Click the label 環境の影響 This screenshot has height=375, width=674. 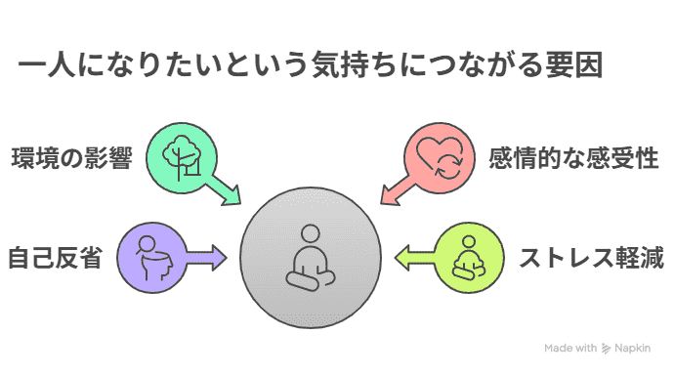[71, 158]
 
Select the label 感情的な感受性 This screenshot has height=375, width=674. [566, 158]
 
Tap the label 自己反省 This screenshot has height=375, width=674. [56, 259]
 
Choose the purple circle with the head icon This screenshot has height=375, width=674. [148, 258]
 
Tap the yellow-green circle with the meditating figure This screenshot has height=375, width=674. [467, 258]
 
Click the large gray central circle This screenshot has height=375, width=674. [311, 258]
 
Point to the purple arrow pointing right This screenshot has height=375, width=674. [207, 259]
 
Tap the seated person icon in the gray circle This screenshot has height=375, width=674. [311, 257]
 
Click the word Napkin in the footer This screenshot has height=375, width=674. [638, 347]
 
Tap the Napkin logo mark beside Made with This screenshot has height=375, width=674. [607, 347]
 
